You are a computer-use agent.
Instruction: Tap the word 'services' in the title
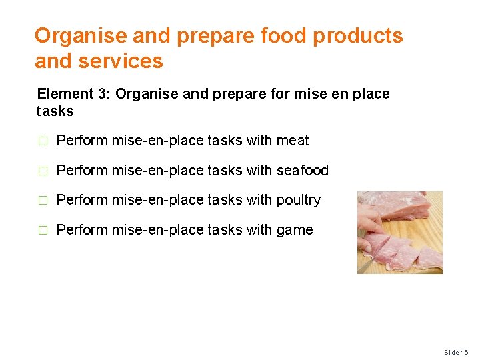121,61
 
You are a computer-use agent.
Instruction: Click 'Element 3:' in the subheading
73,94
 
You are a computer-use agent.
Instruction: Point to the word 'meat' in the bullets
293,141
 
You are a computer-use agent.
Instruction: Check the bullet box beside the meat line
43,141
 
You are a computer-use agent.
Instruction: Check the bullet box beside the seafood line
43,171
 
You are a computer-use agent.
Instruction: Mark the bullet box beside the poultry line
43,201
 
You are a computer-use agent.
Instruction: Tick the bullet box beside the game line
43,231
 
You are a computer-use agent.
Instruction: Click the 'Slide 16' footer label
456,352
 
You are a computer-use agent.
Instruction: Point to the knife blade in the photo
365,263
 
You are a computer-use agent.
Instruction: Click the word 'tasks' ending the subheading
55,111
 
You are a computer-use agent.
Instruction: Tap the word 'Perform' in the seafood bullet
82,171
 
